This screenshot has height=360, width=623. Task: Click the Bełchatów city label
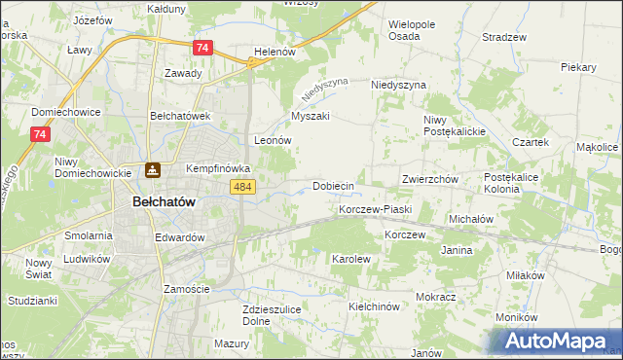[164, 201]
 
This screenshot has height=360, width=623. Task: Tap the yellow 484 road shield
[242, 187]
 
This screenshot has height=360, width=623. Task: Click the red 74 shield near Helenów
[202, 48]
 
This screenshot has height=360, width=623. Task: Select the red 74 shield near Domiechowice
[40, 135]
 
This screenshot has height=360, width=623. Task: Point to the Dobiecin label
[332, 185]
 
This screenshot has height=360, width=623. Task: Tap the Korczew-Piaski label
[376, 209]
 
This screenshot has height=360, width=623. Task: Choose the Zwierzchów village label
[429, 180]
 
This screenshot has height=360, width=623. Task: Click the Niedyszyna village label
[399, 85]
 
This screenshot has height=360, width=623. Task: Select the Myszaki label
[311, 116]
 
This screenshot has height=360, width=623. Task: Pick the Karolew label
[351, 260]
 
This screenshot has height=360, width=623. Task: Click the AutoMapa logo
[562, 340]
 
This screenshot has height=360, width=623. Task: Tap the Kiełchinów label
[375, 306]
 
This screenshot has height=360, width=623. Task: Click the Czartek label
[531, 142]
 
